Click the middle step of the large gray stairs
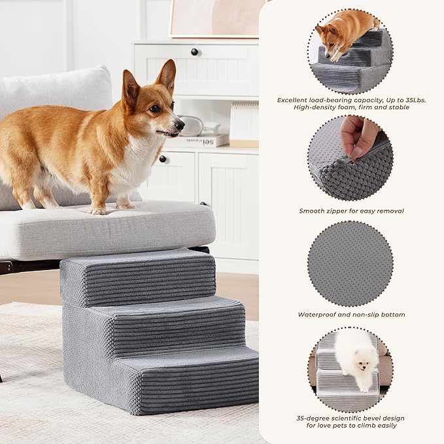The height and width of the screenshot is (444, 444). coord(170,314)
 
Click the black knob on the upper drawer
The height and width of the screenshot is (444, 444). coord(194,52)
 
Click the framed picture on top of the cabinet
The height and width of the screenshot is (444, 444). coord(216,18)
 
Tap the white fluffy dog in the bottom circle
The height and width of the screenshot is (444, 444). coord(356,356)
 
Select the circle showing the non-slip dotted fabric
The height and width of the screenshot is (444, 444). coord(350,263)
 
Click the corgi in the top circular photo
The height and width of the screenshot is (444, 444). coord(343,33)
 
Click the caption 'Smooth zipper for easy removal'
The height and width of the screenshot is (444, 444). coord(351,211)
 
